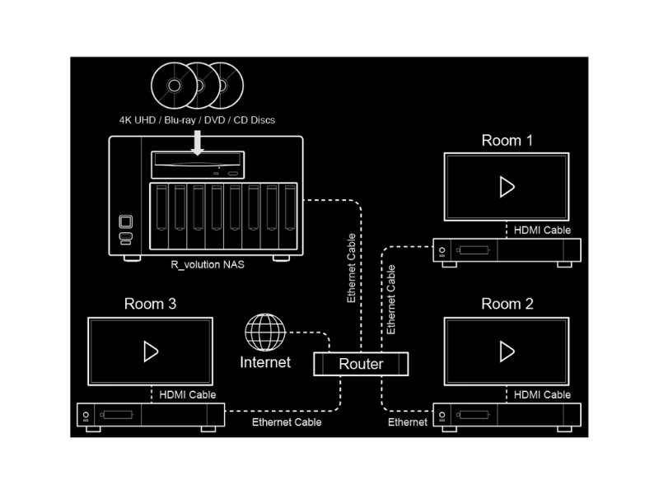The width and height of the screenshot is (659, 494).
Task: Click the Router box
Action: [361, 363]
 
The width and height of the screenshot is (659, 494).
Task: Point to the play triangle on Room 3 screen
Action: [151, 352]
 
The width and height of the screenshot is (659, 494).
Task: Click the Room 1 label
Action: [507, 141]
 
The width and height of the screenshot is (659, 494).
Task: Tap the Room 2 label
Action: [507, 305]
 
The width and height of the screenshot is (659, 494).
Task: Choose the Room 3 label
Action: [150, 305]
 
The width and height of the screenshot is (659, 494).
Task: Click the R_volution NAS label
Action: [208, 265]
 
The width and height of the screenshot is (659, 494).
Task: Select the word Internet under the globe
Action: [265, 362]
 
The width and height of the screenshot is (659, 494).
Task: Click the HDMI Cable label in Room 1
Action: [542, 231]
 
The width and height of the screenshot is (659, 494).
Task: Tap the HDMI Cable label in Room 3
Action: [188, 395]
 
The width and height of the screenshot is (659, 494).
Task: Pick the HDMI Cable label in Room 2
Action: [542, 395]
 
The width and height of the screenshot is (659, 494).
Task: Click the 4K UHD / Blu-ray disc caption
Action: [198, 120]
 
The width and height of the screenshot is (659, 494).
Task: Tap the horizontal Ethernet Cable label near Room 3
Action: [287, 422]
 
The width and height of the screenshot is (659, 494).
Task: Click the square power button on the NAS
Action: [125, 221]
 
